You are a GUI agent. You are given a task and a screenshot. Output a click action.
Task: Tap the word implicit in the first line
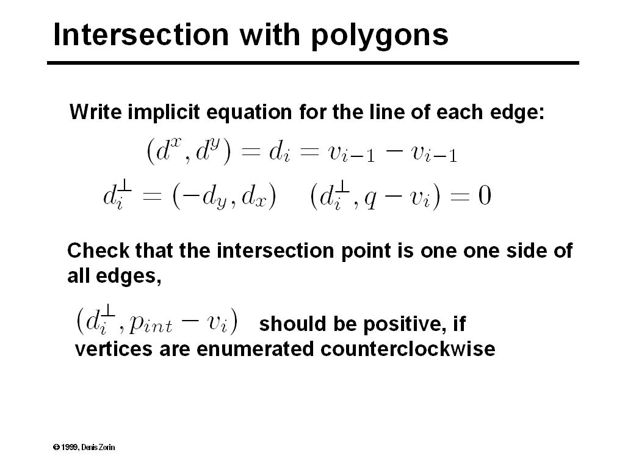(164, 113)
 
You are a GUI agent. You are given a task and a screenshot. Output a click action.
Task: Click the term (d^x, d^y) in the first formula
(189, 151)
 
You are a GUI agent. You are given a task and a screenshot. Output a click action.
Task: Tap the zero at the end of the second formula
(484, 197)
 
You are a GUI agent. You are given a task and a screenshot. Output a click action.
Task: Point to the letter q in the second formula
(370, 199)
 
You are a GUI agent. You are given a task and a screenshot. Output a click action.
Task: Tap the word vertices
(110, 350)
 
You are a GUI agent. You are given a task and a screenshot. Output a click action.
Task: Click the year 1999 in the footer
(69, 448)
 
